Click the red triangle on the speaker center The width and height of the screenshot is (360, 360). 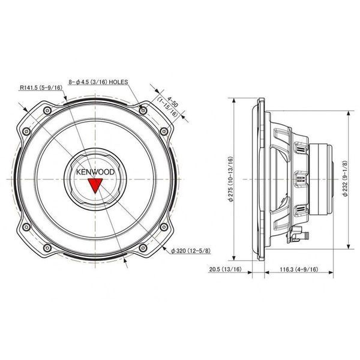(x=95, y=185)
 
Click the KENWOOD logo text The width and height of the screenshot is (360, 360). (x=95, y=172)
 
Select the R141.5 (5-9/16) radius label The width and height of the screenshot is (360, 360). (x=41, y=88)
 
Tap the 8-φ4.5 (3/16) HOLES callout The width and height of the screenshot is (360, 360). (x=98, y=82)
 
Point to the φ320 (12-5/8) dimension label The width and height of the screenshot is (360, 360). (x=191, y=251)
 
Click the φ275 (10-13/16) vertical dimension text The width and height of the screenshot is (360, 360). (x=230, y=179)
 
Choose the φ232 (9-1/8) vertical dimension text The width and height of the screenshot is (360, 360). (x=345, y=178)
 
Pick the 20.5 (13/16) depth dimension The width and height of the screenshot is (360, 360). (x=226, y=269)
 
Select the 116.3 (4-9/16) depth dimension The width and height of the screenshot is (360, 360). (x=299, y=269)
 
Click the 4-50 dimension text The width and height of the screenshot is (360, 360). (x=173, y=102)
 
